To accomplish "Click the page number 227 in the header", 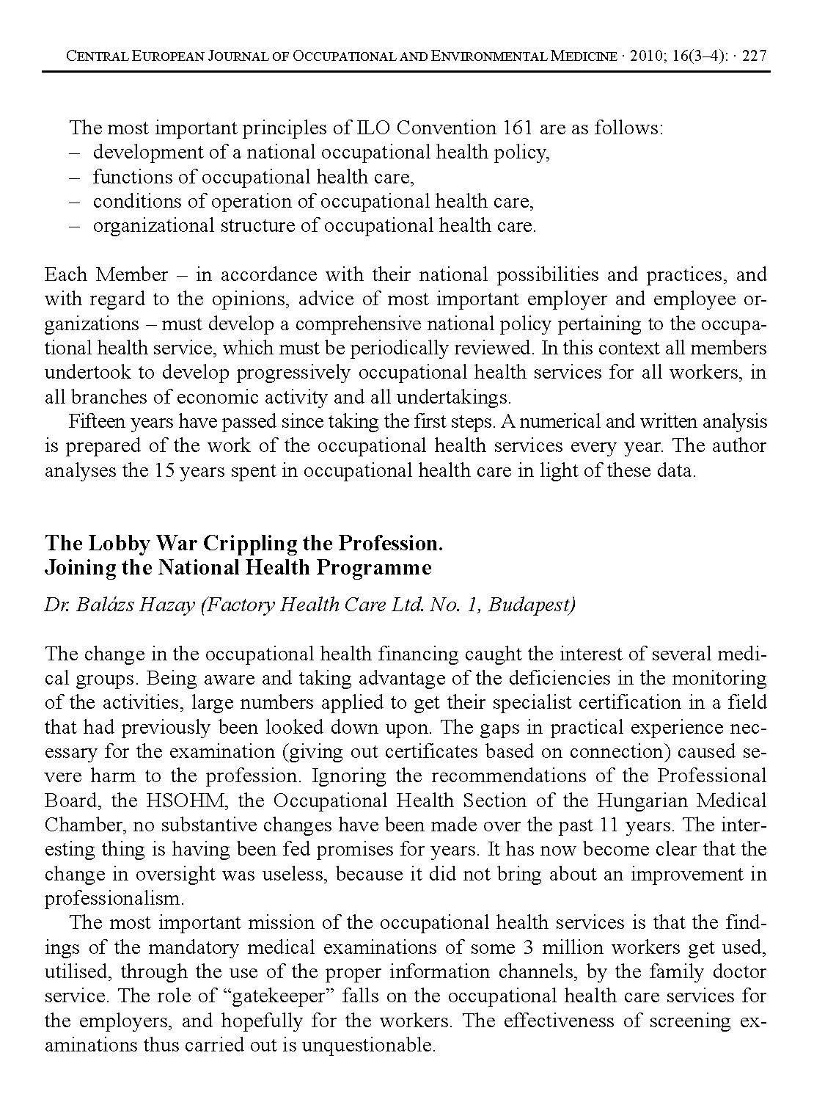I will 755,56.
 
